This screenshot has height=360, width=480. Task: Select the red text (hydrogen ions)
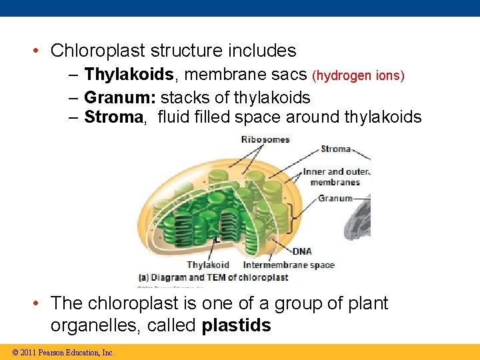[358, 76]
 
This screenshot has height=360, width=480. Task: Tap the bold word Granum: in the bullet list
[120, 97]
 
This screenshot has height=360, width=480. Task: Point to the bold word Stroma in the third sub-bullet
[113, 117]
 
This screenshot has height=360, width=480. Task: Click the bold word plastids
[236, 325]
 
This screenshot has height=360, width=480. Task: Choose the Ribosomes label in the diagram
[265, 139]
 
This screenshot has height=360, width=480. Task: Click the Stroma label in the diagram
[335, 149]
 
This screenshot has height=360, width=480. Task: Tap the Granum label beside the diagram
[335, 198]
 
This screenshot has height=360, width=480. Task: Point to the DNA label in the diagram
[302, 251]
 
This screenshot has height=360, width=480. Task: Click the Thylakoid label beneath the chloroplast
[207, 265]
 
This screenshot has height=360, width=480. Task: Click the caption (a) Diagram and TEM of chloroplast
[213, 277]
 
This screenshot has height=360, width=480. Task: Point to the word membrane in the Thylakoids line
[219, 75]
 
